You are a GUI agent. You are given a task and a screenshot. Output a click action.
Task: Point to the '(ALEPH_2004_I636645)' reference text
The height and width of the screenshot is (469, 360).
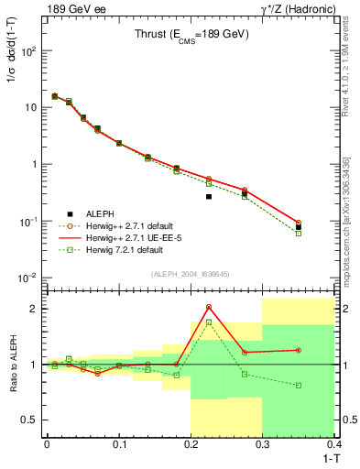(x=191, y=274)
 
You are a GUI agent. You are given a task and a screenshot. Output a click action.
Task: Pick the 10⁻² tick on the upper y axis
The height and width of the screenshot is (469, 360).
(x=29, y=278)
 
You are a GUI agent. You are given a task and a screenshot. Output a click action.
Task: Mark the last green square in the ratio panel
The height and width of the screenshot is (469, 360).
(x=299, y=386)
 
